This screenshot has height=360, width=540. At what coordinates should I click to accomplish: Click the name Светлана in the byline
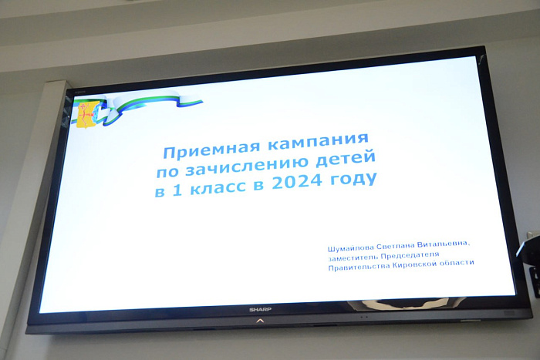point(407,246)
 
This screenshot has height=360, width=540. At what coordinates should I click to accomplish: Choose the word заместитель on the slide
point(356,259)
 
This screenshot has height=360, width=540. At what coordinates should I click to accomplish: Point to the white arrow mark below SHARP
point(259,318)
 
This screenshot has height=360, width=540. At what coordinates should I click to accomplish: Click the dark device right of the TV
point(531,258)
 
